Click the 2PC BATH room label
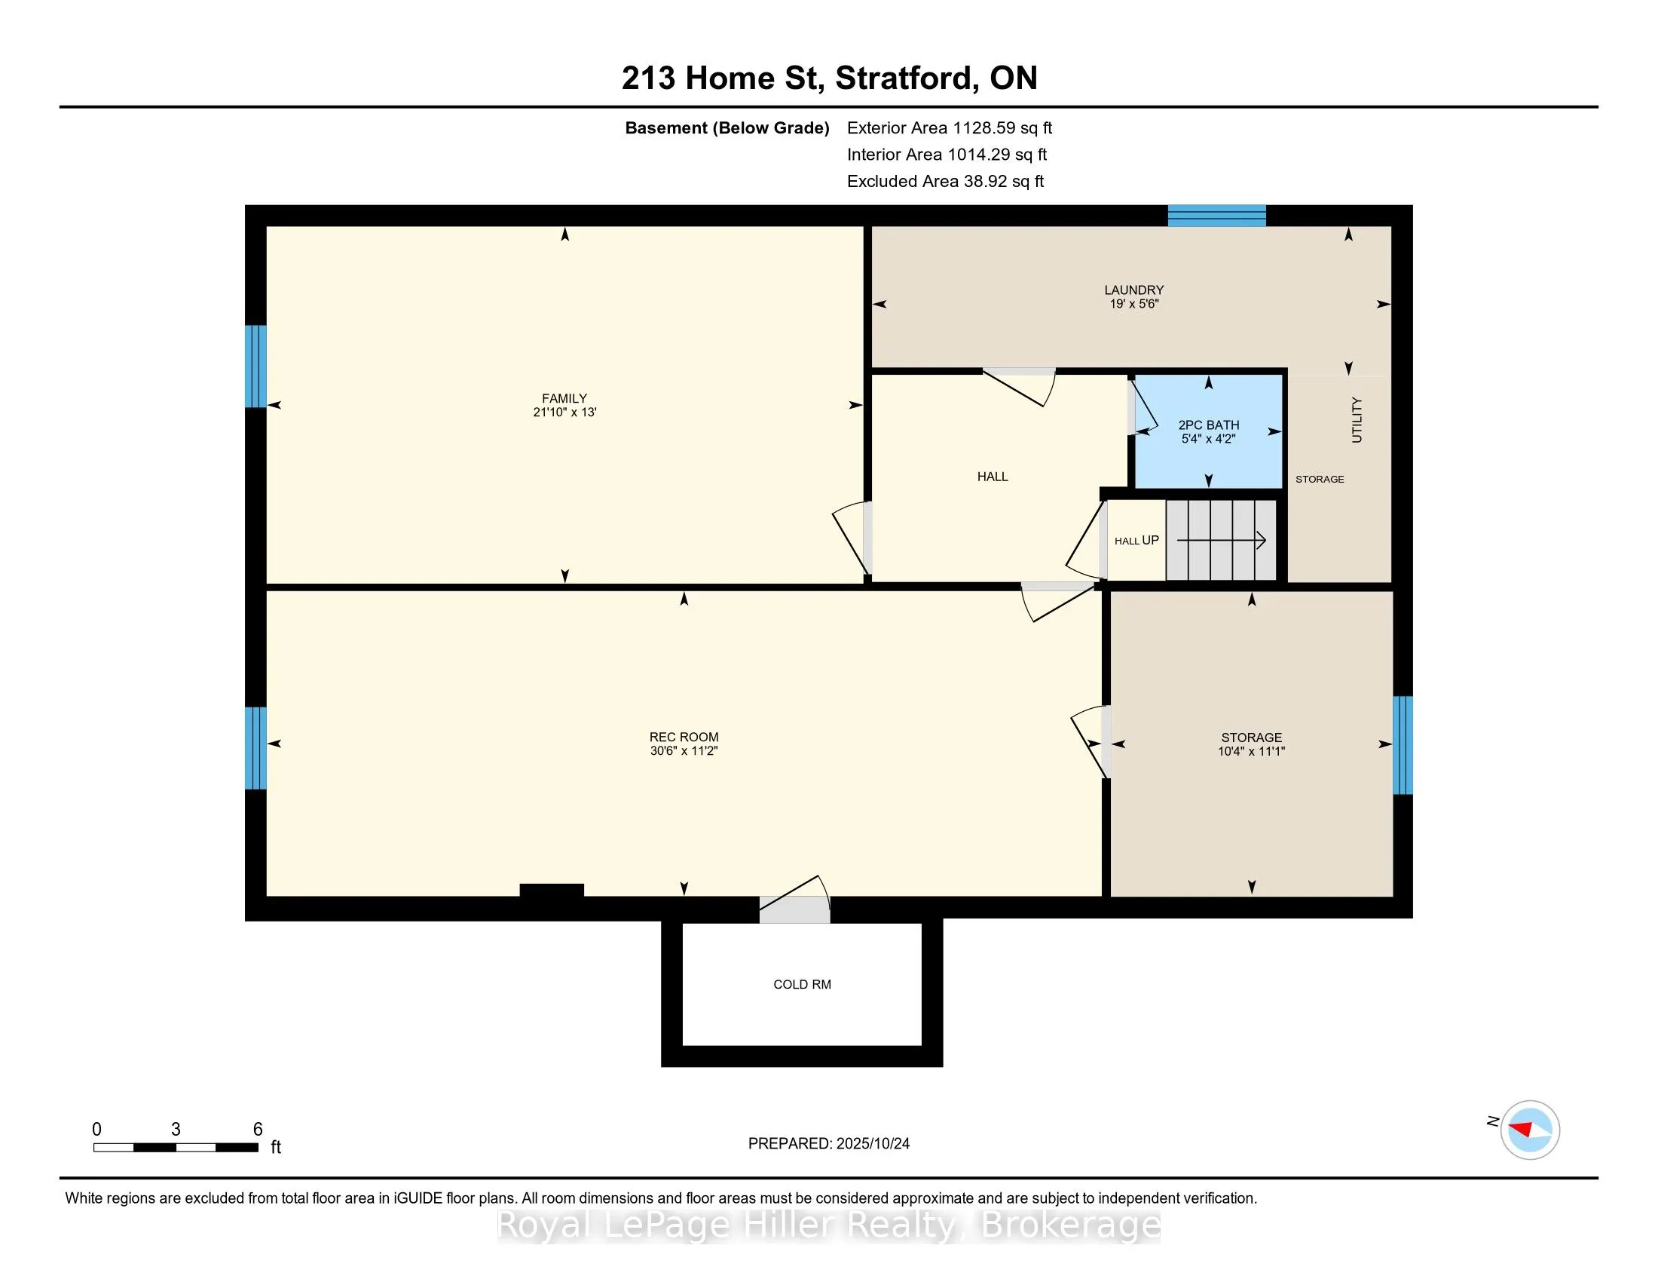(1209, 425)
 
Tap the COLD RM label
(802, 984)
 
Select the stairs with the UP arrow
(1221, 540)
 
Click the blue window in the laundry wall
(1216, 216)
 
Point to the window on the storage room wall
(1403, 745)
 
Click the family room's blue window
(255, 366)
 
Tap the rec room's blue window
(255, 748)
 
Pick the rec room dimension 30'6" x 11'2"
(684, 751)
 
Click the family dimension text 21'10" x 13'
(564, 413)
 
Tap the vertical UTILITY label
(1357, 420)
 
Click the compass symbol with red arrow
(1530, 1130)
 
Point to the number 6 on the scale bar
(257, 1130)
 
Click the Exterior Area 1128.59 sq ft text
(949, 128)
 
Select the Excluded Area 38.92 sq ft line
(945, 182)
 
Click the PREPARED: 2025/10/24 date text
(828, 1144)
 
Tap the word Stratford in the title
(901, 78)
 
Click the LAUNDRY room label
(1133, 290)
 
